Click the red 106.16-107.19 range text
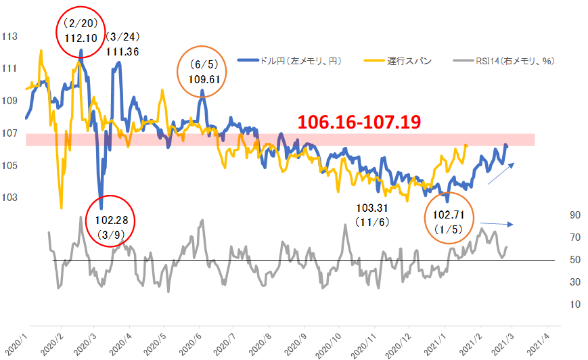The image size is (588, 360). pyautogui.click(x=360, y=122)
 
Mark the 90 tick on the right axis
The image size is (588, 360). pyautogui.click(x=576, y=215)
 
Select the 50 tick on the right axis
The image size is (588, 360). pyautogui.click(x=576, y=260)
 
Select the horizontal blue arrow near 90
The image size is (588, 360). pyautogui.click(x=497, y=223)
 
